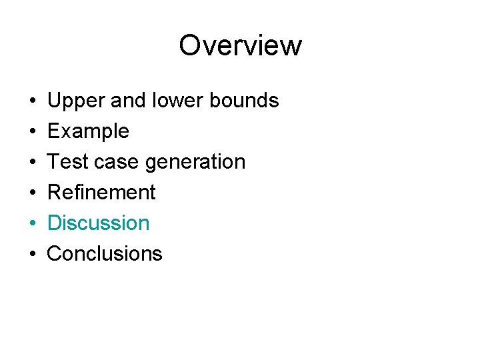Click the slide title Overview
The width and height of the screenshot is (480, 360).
[x=240, y=45]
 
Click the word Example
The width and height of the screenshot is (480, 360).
[x=88, y=131]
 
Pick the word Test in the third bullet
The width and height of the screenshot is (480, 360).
[x=66, y=162]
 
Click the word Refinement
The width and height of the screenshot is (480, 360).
[x=101, y=193]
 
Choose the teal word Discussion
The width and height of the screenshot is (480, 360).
[x=99, y=223]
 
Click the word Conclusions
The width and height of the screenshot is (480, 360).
[x=105, y=253]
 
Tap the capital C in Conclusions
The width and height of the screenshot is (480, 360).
[x=55, y=253]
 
